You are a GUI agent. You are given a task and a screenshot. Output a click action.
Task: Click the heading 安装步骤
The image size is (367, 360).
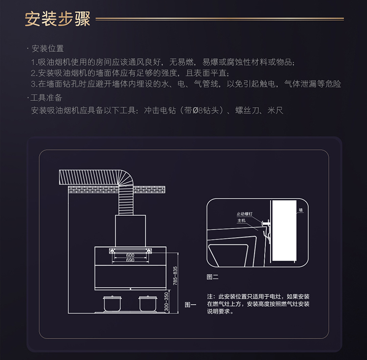[58, 20]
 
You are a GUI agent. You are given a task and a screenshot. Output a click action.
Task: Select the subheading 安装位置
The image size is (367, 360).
[47, 49]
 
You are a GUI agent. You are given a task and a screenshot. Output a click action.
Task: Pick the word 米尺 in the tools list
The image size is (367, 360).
[275, 111]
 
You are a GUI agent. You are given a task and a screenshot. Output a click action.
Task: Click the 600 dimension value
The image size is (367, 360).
[130, 256]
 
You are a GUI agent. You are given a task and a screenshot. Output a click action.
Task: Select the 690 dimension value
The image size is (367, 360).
[130, 261]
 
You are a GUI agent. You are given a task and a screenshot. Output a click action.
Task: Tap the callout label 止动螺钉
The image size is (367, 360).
[245, 214]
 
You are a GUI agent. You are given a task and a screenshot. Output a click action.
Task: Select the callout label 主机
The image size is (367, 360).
[241, 221]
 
